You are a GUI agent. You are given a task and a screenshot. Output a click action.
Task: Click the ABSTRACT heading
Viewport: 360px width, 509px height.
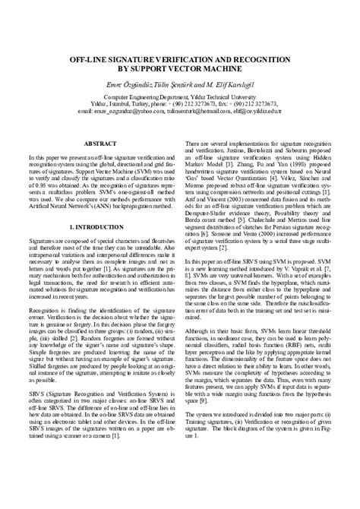(99, 142)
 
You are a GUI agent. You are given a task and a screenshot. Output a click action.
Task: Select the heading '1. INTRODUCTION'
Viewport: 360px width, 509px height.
(99, 226)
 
